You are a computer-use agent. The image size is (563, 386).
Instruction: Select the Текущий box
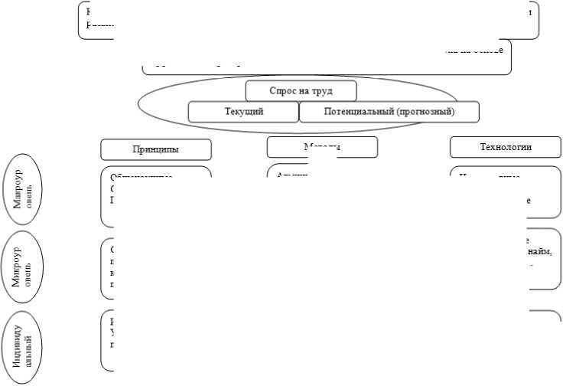tap(244, 112)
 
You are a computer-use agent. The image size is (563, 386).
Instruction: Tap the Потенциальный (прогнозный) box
tap(389, 112)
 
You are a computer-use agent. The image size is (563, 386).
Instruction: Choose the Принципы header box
tap(155, 149)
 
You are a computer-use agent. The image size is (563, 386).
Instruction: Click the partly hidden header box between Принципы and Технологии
tap(322, 146)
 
